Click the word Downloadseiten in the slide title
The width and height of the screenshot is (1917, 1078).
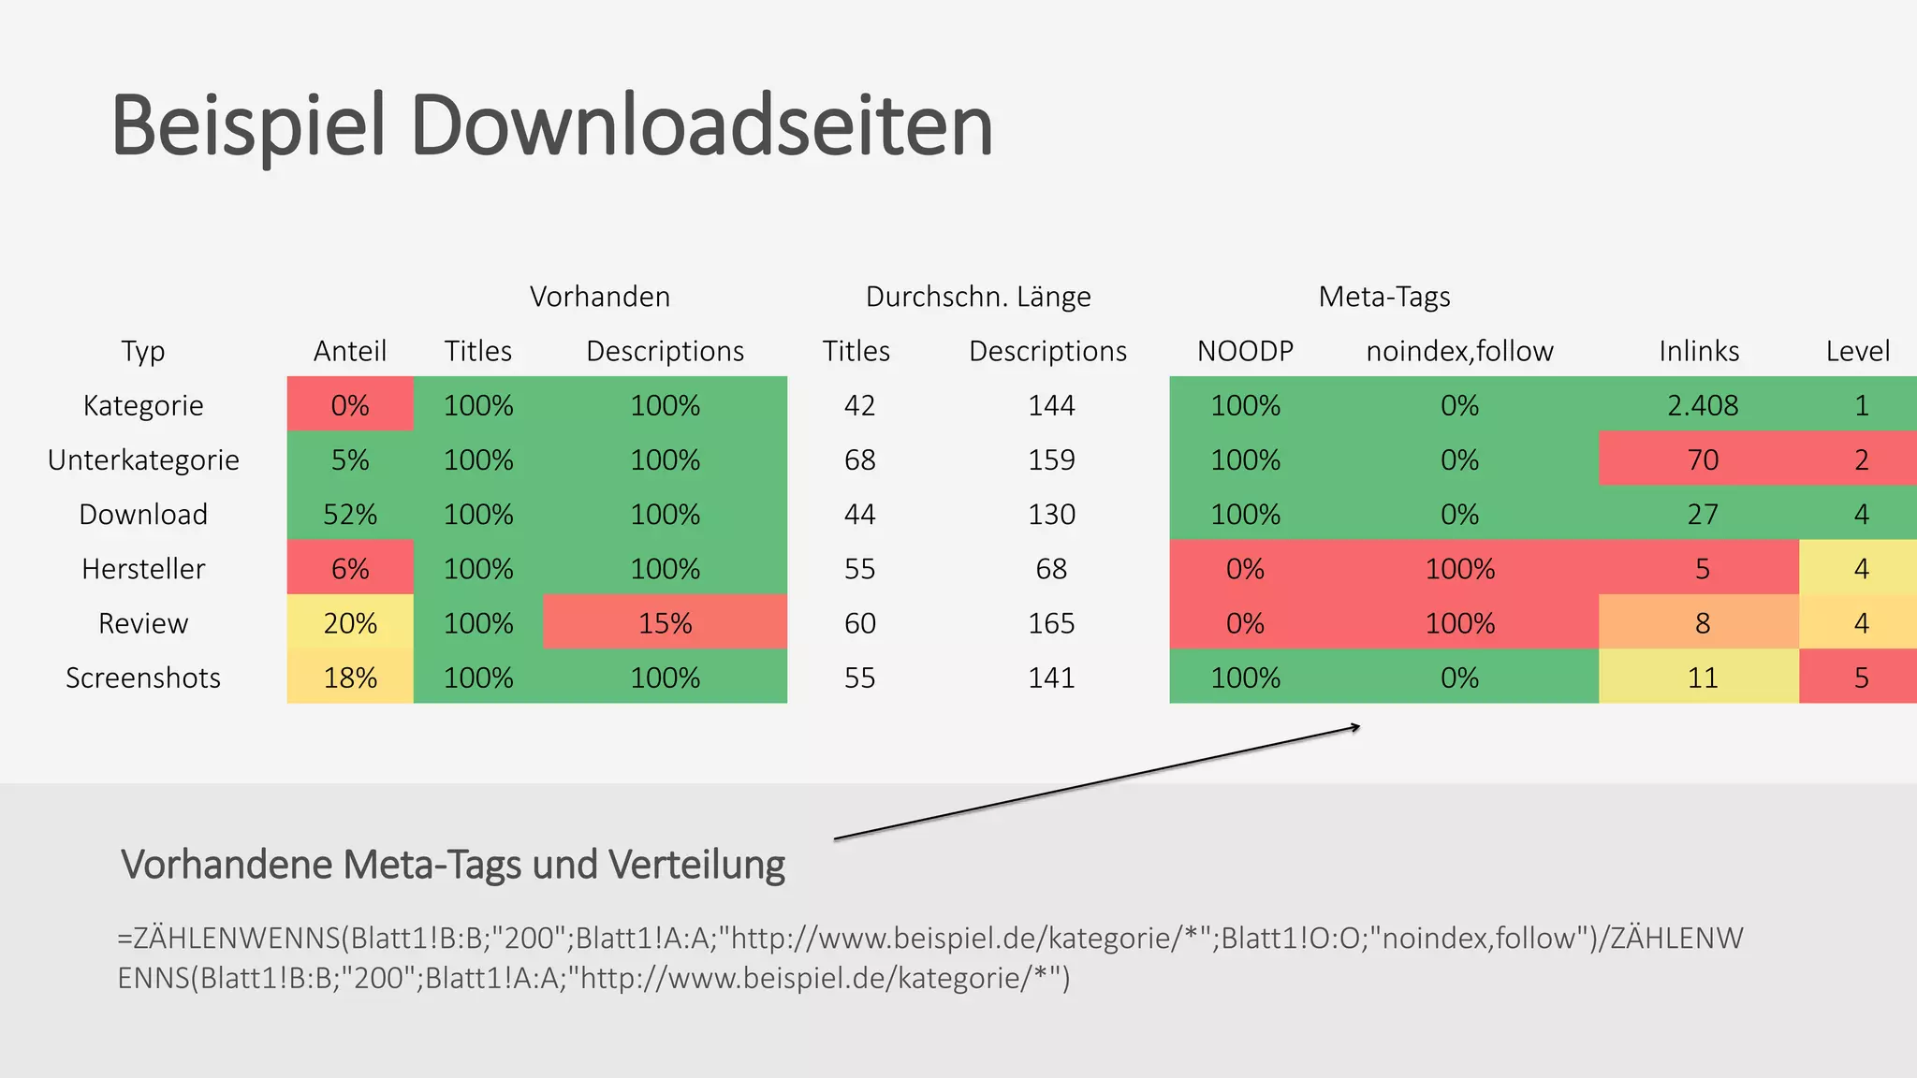[x=701, y=125]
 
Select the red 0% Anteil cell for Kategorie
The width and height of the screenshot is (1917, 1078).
[x=350, y=405]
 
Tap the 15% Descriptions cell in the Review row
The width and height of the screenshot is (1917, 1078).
[x=665, y=623]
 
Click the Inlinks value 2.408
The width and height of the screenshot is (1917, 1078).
[x=1702, y=405]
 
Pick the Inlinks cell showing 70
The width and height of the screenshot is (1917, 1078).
[x=1702, y=459]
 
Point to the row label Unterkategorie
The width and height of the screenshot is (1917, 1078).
[x=143, y=459]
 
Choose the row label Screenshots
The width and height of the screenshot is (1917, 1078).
[x=143, y=677]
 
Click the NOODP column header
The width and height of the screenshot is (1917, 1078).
[x=1245, y=351]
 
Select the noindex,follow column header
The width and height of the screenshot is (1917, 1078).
[x=1459, y=351]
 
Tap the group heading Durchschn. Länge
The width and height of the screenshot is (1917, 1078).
[x=978, y=297]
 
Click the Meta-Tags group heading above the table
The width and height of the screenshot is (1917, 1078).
[x=1383, y=297]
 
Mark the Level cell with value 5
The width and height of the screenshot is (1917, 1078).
[x=1861, y=677]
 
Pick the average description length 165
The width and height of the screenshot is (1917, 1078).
[x=1051, y=623]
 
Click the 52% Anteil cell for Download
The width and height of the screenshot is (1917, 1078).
[x=350, y=514]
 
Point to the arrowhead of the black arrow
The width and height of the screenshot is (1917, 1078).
[x=1356, y=727]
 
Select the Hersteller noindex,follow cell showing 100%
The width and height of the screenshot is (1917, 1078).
[x=1459, y=569]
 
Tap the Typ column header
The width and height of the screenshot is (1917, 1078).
[x=143, y=351]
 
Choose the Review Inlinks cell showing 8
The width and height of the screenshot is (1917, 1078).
[x=1702, y=623]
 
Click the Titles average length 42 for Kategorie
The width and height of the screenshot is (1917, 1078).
[x=859, y=405]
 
